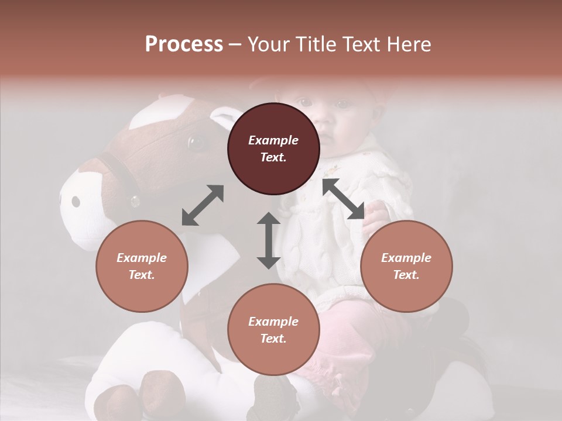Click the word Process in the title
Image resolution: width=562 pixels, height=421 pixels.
pos(184,44)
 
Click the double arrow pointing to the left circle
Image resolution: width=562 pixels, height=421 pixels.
pos(203,205)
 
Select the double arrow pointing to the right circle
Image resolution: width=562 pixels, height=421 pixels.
pos(344,199)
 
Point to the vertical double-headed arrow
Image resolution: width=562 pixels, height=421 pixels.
pos(269,240)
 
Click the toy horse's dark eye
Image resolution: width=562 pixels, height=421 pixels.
pos(196,142)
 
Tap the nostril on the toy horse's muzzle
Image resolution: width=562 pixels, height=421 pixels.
pos(76,202)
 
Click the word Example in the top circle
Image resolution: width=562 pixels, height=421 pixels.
pos(273,140)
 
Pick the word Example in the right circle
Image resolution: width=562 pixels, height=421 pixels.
pos(406,258)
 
